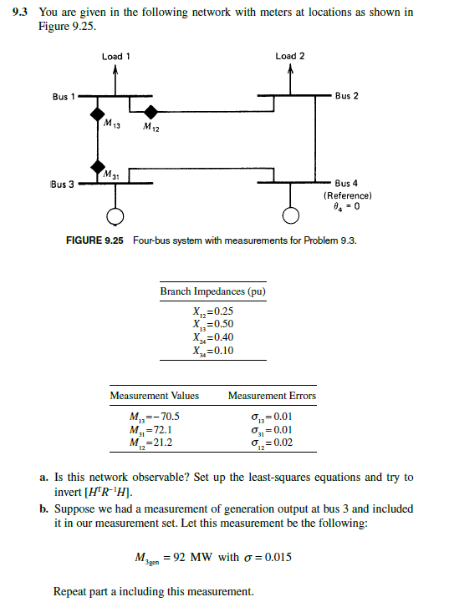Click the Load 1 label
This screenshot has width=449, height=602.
115,57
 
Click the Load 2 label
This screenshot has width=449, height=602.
290,57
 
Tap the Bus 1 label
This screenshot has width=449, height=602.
61,97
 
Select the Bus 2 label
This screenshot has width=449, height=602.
347,97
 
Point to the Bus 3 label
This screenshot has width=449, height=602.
61,184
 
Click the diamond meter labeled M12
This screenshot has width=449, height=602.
150,112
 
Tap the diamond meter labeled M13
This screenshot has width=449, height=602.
99,112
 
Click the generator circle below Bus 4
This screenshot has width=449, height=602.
290,217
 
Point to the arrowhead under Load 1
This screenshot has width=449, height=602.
115,71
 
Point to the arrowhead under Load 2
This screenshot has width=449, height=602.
290,71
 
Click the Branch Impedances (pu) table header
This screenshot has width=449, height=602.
213,292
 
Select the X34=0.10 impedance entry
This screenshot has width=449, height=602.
213,349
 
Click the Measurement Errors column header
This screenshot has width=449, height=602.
272,396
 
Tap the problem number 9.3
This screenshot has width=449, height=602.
23,12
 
